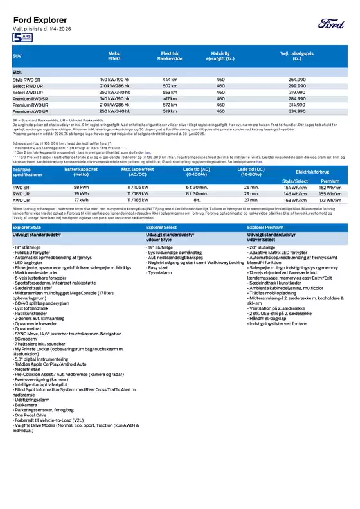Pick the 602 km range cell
coord(170,85)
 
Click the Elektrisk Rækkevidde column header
coord(170,57)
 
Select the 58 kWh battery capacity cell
coord(81,186)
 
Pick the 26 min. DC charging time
coord(251,186)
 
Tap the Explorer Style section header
coord(30,227)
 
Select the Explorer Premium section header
coord(267,227)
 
